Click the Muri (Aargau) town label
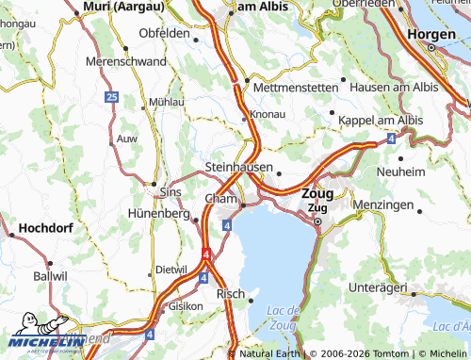[x=123, y=7]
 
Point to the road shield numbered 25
[x=111, y=97]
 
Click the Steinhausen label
[x=238, y=167]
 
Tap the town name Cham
[x=219, y=199]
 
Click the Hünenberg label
[x=157, y=214]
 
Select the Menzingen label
[x=382, y=205]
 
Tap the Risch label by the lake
[x=230, y=293]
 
